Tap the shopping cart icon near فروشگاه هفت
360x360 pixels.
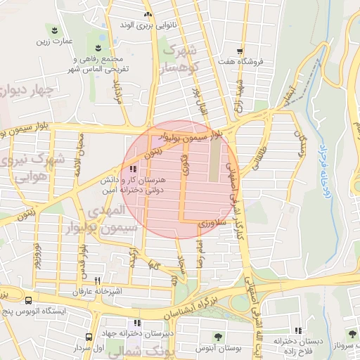click(x=240, y=51)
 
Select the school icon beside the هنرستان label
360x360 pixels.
click(x=133, y=169)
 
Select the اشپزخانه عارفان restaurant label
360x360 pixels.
click(x=98, y=291)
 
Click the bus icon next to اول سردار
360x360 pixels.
click(x=89, y=337)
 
